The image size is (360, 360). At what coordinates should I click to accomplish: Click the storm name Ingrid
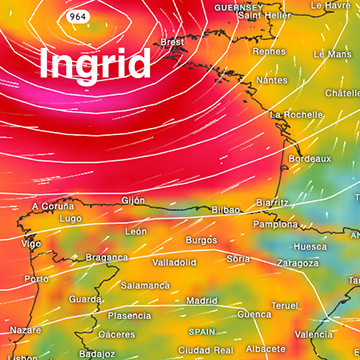pyautogui.click(x=95, y=64)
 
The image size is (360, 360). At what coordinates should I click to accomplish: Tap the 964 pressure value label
pyautogui.click(x=77, y=18)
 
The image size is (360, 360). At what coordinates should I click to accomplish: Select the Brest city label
pyautogui.click(x=173, y=42)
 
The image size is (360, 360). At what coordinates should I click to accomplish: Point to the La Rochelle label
pyautogui.click(x=295, y=115)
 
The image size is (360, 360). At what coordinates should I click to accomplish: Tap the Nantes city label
pyautogui.click(x=271, y=80)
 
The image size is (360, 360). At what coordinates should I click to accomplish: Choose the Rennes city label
pyautogui.click(x=269, y=51)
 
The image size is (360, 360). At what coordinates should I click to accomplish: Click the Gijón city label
pyautogui.click(x=133, y=200)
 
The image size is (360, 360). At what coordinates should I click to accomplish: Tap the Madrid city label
pyautogui.click(x=202, y=300)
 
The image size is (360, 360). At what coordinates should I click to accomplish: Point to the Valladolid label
pyautogui.click(x=174, y=262)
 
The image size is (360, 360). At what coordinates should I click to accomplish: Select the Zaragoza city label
pyautogui.click(x=297, y=263)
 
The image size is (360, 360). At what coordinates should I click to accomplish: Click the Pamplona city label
pyautogui.click(x=275, y=224)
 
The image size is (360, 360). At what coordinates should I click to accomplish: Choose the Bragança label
pyautogui.click(x=106, y=257)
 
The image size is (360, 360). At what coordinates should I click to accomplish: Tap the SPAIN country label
pyautogui.click(x=203, y=331)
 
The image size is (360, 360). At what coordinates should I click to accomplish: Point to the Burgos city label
pyautogui.click(x=201, y=241)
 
